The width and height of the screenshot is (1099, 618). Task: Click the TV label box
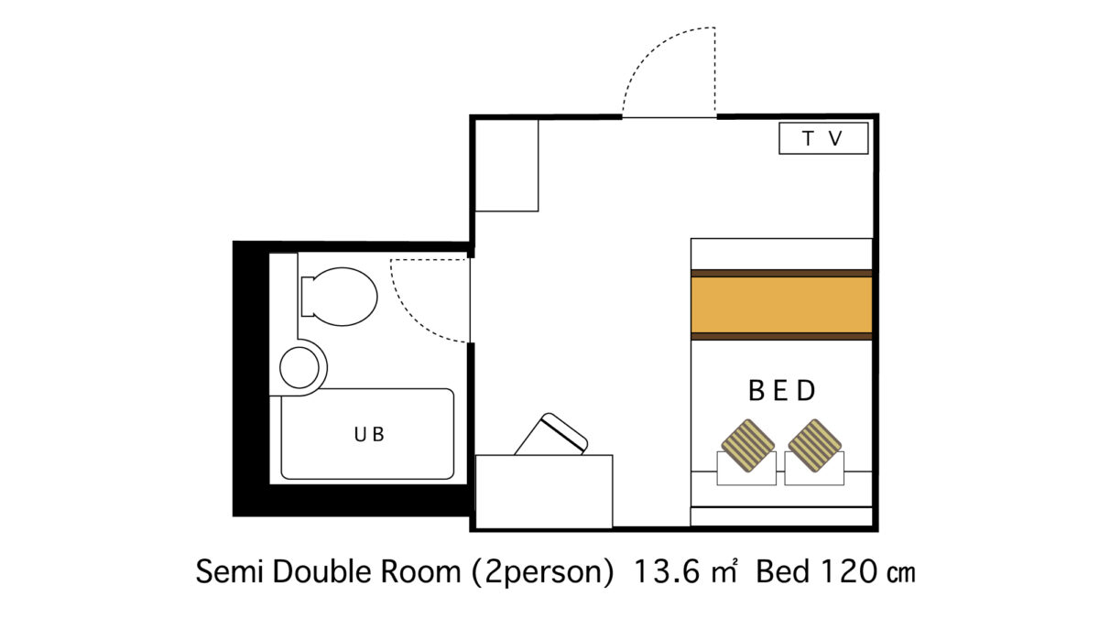823,138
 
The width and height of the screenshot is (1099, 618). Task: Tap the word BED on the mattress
781,391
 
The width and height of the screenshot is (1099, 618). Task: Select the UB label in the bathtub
369,434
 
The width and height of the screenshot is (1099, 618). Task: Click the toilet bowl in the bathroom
345,297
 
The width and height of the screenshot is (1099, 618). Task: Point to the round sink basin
299,367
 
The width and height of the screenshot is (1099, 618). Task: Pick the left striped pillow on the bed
747,446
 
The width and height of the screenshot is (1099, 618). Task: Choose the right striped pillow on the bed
815,446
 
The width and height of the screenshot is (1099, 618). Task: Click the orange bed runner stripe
781,305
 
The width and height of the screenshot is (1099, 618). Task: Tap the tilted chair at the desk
551,435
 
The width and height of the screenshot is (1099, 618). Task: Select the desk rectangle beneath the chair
544,492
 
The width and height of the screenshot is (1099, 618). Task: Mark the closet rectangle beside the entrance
506,166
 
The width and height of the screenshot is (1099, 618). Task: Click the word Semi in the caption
230,572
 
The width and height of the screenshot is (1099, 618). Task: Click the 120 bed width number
849,572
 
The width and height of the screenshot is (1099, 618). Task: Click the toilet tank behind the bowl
308,297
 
